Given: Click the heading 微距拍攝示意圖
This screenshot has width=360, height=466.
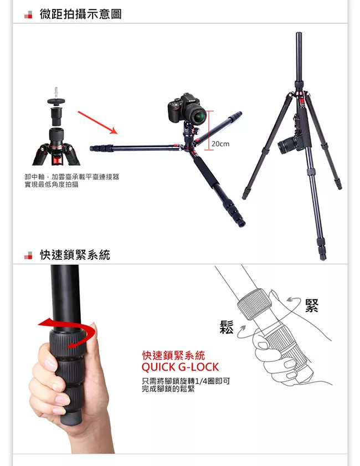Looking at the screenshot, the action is [80, 14].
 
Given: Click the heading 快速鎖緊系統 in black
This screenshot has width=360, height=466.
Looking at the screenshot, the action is [75, 255].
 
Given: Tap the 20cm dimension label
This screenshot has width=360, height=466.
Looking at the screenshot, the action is [220, 144].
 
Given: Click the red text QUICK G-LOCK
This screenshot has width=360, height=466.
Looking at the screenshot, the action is [180, 367].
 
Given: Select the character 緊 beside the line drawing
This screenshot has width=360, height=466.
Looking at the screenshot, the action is [312, 305].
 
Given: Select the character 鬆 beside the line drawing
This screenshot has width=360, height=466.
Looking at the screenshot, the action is [227, 327].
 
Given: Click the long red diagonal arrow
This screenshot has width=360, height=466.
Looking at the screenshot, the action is [97, 122].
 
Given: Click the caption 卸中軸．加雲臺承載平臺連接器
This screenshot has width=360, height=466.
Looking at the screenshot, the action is [71, 177].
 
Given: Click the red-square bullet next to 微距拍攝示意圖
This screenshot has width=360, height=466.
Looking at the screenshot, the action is [28, 14].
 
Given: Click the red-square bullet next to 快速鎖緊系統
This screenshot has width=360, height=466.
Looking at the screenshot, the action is [28, 255].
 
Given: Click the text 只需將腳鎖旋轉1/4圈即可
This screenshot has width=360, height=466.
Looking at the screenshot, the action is [186, 381].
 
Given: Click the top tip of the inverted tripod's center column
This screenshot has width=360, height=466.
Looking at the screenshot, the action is [299, 33].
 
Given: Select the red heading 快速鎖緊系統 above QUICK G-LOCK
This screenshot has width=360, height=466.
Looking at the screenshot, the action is [173, 355].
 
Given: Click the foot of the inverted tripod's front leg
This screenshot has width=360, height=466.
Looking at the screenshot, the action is [323, 257].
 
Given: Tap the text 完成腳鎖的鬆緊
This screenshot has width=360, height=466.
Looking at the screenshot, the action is [168, 389].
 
